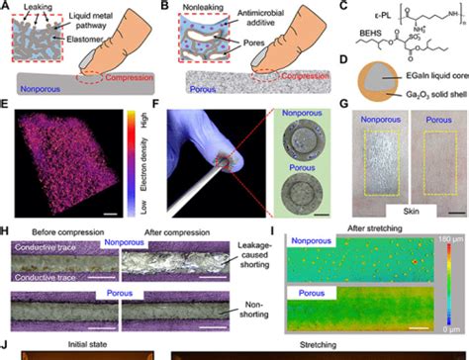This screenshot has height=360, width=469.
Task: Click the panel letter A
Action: point(6,6)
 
